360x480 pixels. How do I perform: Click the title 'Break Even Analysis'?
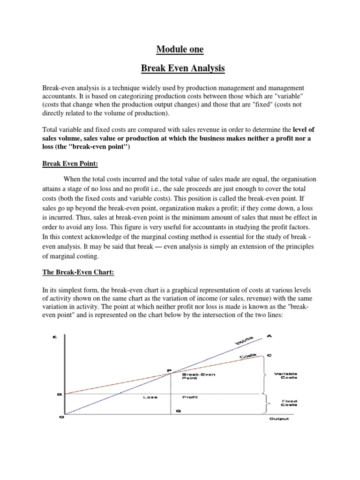tap(183, 68)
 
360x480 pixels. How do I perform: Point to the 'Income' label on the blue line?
tap(243, 341)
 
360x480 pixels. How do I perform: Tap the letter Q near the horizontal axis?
tap(178, 411)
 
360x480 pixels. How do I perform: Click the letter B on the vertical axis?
tap(59, 394)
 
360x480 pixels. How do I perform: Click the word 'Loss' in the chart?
tap(150, 397)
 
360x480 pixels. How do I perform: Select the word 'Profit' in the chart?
tap(189, 397)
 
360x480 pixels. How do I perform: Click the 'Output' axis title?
tap(279, 419)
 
